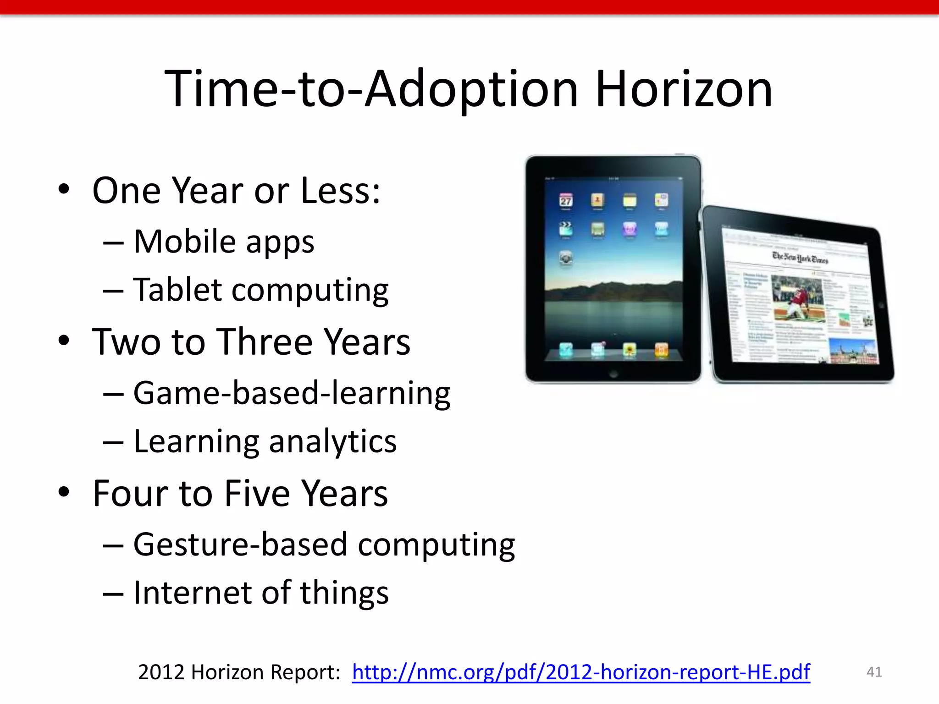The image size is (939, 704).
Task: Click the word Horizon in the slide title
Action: tap(684, 89)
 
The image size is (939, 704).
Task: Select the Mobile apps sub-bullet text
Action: tap(224, 242)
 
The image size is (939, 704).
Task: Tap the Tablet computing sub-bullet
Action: tap(260, 290)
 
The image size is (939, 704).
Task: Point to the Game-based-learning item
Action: tap(292, 393)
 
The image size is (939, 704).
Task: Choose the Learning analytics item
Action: tap(265, 442)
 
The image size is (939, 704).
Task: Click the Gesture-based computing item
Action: tap(324, 545)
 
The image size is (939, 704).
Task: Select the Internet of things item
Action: tap(260, 593)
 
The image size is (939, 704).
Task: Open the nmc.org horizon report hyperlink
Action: tap(580, 672)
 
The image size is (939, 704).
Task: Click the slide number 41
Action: tap(874, 672)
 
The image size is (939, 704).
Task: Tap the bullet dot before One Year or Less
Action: tap(64, 189)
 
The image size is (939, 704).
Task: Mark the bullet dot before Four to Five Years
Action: tap(64, 492)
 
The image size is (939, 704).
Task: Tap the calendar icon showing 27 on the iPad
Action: tap(566, 201)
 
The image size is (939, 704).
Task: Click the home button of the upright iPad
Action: tap(613, 374)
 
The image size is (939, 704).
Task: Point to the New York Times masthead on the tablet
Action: tap(800, 258)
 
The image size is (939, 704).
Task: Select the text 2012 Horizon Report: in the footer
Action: tap(239, 672)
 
